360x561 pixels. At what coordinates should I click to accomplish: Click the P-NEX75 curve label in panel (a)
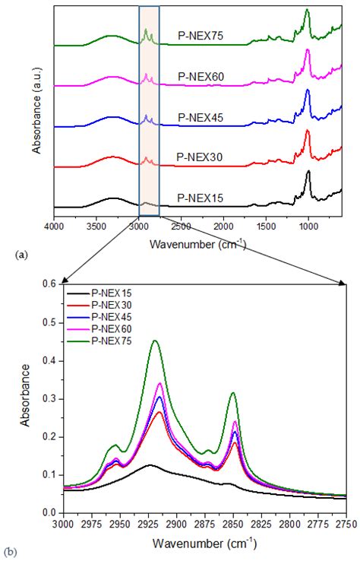click(x=201, y=36)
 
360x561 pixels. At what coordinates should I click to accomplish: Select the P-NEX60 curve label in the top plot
click(x=201, y=77)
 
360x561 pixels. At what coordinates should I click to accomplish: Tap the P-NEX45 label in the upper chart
click(x=201, y=118)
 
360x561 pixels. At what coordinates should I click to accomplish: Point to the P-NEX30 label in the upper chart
click(x=200, y=157)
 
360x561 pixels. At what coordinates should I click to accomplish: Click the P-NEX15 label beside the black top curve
click(x=201, y=198)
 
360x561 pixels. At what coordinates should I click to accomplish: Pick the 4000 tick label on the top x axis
click(x=54, y=227)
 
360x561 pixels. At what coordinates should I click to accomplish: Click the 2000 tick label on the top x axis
click(x=224, y=227)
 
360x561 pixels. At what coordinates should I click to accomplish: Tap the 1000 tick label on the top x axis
click(x=308, y=227)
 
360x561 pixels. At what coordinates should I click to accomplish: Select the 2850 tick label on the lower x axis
click(x=233, y=525)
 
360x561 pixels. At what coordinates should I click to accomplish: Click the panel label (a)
click(x=21, y=255)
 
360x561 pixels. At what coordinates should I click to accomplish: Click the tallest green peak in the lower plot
click(x=155, y=341)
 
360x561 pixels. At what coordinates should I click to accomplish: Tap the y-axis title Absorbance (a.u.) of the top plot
click(x=36, y=109)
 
